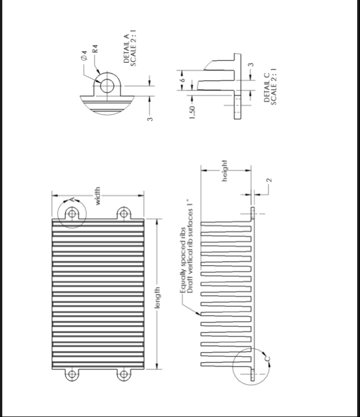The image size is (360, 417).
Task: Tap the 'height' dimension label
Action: coord(225,171)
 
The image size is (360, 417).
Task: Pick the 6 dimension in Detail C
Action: coord(183,81)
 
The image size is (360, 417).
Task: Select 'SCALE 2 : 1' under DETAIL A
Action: coord(134,46)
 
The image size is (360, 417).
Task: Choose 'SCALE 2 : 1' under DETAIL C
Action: coord(274,87)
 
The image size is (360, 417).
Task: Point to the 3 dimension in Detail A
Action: coord(150,118)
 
